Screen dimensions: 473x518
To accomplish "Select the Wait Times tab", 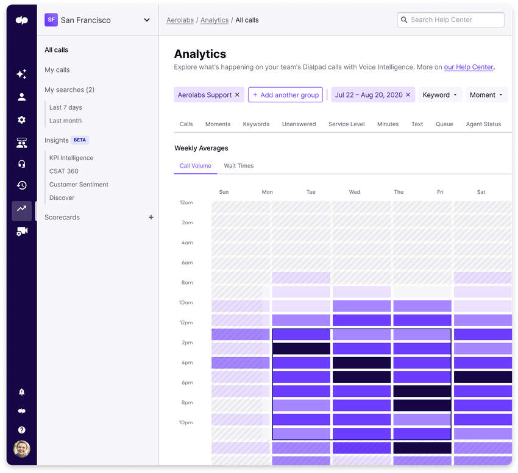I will click(x=238, y=166).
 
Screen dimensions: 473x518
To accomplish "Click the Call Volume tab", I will click(x=196, y=166).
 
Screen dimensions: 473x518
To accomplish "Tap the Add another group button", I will click(x=285, y=95).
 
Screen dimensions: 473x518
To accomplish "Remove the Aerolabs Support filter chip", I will click(x=237, y=95).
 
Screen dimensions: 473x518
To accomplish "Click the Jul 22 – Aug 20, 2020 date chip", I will click(x=369, y=95).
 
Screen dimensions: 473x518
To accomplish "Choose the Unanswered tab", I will click(x=299, y=124).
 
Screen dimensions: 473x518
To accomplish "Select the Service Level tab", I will click(x=346, y=124).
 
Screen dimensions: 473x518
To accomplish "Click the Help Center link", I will click(x=468, y=67).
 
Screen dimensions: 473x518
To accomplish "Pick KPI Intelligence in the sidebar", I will click(x=71, y=158).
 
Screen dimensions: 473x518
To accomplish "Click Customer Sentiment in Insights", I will click(x=79, y=185).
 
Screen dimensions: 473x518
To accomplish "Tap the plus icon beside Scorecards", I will click(x=151, y=218).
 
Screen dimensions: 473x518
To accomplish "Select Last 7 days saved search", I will click(x=66, y=107).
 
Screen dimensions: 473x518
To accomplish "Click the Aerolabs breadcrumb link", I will click(x=180, y=20).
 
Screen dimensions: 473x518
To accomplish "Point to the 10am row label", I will click(x=185, y=303).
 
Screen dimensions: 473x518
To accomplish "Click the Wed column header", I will click(x=355, y=192).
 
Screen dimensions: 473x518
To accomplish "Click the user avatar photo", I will click(x=22, y=449).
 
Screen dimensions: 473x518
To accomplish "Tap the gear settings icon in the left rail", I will click(x=22, y=120).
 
